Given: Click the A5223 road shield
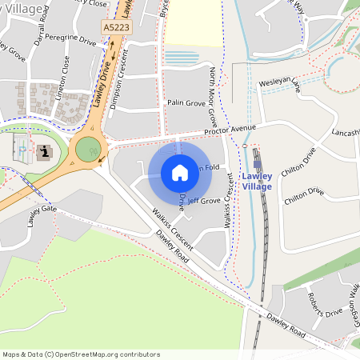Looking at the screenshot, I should [116, 27].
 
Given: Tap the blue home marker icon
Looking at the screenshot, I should [180, 173].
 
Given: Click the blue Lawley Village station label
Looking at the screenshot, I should [258, 181].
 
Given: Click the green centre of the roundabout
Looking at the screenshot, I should [88, 149].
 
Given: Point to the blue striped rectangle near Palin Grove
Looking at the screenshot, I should [182, 58].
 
